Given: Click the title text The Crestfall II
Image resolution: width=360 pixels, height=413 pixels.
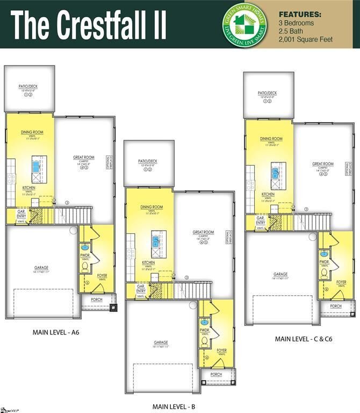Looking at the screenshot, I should click(89, 24).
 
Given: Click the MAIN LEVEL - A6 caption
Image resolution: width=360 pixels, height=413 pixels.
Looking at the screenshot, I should click(56, 332).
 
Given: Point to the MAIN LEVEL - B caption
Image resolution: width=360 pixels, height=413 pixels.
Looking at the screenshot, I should click(174, 406).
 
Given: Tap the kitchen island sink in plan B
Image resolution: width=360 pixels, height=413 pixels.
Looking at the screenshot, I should click(156, 241).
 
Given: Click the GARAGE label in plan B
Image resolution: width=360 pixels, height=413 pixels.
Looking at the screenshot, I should click(161, 342).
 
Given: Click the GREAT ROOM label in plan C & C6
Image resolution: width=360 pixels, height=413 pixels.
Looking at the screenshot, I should click(323, 164).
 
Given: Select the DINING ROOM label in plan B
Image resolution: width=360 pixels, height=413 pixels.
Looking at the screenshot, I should click(152, 207).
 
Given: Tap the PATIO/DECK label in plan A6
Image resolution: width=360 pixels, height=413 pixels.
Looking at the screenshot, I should click(30, 86).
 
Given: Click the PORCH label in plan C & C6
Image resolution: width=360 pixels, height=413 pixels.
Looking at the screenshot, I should click(336, 306).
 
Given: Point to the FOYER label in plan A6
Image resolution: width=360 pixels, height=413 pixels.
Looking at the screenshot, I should click(102, 275).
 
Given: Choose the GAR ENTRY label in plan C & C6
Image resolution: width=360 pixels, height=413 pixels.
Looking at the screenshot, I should click(260, 220).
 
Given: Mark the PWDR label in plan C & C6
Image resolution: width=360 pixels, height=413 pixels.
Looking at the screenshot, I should click(324, 262).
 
